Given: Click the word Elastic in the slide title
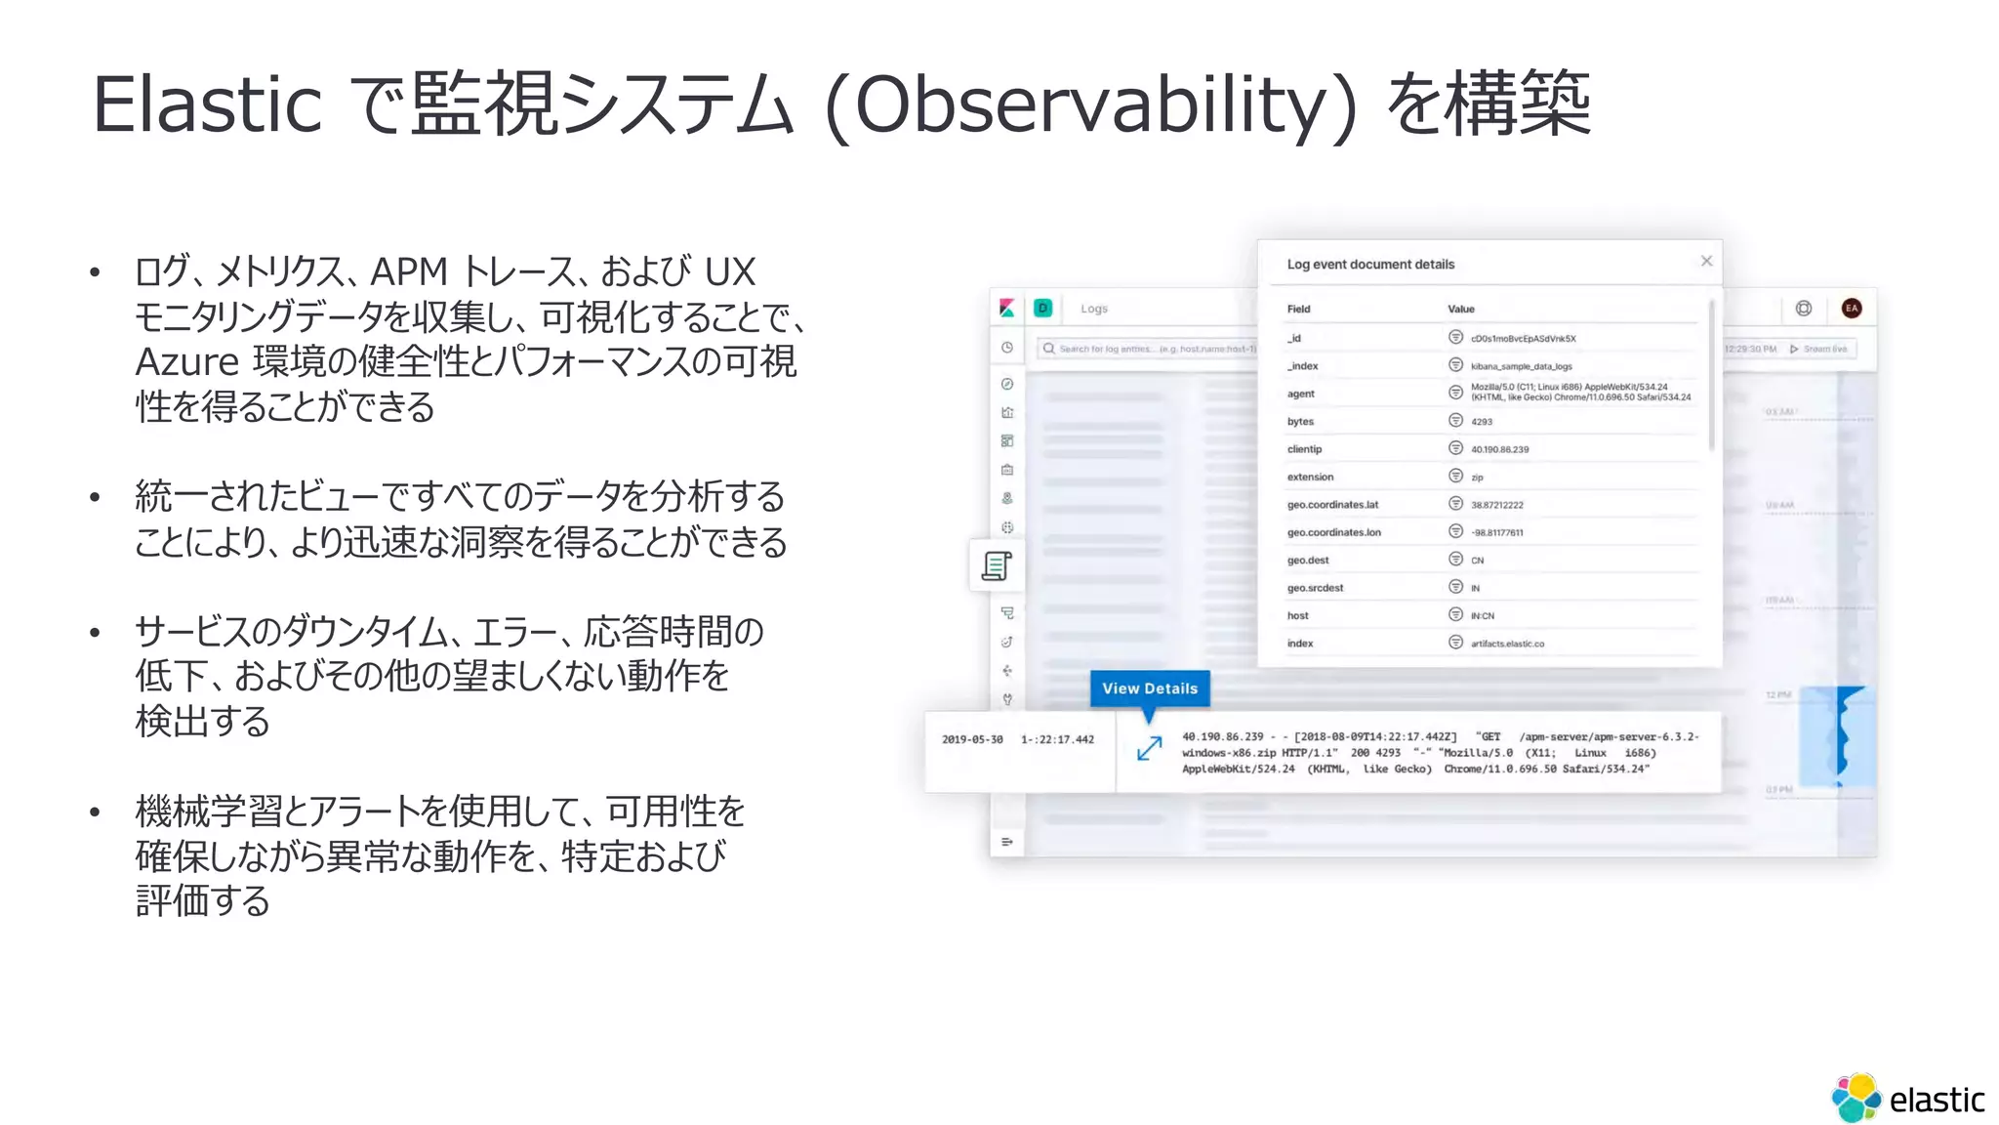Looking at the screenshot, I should (x=207, y=105).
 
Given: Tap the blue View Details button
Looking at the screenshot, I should (x=1150, y=688).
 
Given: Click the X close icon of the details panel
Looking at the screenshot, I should (x=1706, y=261).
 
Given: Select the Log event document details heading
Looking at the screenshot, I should (x=1370, y=265).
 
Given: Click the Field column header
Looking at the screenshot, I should (x=1298, y=310).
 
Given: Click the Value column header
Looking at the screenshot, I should (x=1461, y=310).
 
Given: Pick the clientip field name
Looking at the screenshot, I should (x=1304, y=449).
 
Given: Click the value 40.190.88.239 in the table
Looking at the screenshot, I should (x=1500, y=450).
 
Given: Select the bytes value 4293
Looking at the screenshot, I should (x=1482, y=422).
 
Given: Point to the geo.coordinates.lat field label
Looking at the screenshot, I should (x=1332, y=505).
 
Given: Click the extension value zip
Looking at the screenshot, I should (x=1477, y=478).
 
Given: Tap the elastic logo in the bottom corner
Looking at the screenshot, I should (x=1907, y=1099).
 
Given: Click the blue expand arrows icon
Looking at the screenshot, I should (x=1150, y=748).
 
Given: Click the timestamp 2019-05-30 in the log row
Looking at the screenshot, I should (x=972, y=740).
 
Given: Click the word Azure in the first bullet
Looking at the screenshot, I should (x=186, y=362).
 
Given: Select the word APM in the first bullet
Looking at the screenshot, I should (x=409, y=272).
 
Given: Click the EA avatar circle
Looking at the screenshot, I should (x=1852, y=309).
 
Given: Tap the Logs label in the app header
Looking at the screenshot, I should (x=1094, y=309).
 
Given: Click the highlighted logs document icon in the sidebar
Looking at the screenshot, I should (x=997, y=565).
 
